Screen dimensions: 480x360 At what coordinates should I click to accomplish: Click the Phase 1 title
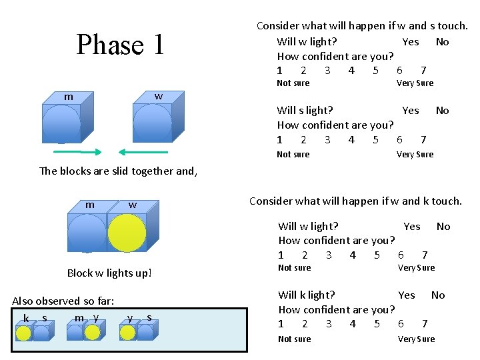coord(120,45)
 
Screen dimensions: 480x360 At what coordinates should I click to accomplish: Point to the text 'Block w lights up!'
coord(109,273)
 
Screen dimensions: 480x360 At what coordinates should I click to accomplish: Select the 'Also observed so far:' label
coord(63,301)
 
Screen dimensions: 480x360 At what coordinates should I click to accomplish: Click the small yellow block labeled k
coord(23,331)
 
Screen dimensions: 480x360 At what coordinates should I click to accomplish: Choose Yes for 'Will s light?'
coord(411,111)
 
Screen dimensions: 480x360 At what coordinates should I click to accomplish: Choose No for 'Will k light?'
coord(438,295)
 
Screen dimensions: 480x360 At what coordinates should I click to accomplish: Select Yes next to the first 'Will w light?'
coord(411,41)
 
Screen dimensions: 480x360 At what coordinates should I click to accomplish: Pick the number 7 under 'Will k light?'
coord(424,324)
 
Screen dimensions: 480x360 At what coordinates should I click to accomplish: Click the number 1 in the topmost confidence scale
coord(279,71)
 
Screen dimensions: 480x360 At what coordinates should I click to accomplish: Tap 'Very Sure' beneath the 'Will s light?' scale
coord(415,155)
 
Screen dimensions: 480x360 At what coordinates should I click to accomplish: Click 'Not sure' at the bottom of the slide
coord(294,339)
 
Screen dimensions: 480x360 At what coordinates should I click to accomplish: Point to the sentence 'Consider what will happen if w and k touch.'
coord(355,201)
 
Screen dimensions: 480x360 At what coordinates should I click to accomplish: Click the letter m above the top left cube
coord(68,97)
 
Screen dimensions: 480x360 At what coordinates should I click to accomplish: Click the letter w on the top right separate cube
coord(158,97)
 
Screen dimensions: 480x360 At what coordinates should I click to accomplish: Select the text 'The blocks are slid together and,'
coord(119,171)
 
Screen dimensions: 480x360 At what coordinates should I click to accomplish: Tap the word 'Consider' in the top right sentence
coord(277,26)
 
